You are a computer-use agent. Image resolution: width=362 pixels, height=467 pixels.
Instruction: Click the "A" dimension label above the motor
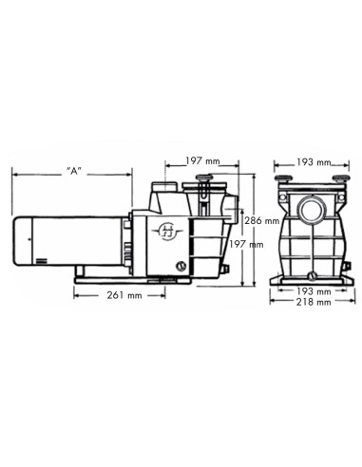(x=73, y=172)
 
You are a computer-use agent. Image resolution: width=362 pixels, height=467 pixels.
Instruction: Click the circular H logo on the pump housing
(x=168, y=231)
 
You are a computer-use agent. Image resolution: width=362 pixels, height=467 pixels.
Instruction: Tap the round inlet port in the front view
(x=310, y=208)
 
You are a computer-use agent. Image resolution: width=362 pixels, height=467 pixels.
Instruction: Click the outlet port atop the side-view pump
(x=163, y=189)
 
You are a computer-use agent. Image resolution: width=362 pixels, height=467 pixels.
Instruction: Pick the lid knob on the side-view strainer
(x=205, y=180)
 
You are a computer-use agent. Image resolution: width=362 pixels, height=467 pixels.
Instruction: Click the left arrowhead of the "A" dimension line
(x=14, y=172)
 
